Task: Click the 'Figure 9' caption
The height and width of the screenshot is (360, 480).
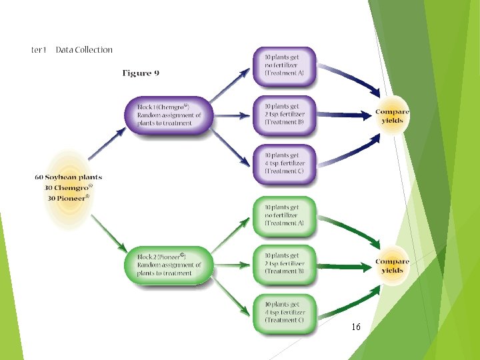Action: (140, 73)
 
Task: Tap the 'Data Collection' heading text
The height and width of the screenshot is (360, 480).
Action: (84, 49)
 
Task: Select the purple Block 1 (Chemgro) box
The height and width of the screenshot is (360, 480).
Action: (169, 115)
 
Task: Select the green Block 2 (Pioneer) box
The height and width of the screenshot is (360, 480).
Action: (169, 265)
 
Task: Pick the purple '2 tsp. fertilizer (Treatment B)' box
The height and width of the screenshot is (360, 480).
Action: (284, 114)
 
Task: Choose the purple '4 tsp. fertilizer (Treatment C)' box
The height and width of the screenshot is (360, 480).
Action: (284, 163)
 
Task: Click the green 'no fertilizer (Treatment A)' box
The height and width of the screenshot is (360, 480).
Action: (284, 215)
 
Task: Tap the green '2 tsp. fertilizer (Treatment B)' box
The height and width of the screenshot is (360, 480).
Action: (284, 263)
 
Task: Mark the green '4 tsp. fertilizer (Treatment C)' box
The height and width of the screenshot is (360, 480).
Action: (284, 312)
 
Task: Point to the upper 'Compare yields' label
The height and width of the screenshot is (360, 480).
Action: (392, 117)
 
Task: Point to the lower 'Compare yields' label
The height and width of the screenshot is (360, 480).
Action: (392, 266)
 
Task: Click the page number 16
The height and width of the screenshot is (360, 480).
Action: (356, 327)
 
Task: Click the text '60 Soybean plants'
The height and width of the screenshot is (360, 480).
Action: (68, 177)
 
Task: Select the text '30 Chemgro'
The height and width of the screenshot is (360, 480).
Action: (69, 188)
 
